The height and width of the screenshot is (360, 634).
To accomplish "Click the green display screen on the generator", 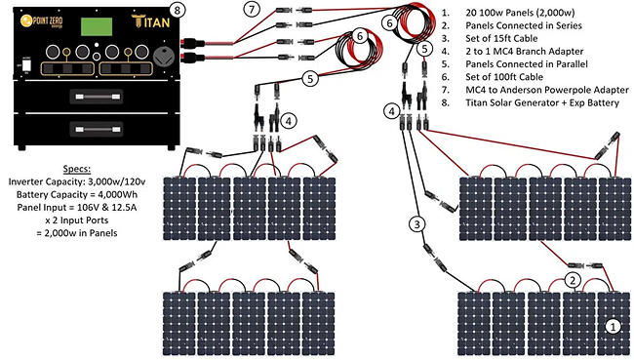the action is coord(97,26).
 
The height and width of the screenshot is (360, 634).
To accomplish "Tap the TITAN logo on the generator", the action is coord(151,21).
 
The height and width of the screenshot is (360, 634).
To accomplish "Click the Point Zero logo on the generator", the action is coord(42,20).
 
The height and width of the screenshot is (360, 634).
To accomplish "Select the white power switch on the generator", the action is coord(26,65).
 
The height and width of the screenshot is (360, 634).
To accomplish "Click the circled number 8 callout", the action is coord(178,10).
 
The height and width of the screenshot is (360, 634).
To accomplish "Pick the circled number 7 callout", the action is coord(252,9).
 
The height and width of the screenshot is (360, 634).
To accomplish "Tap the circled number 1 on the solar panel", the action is coord(613,326).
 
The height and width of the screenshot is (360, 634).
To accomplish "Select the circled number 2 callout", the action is coord(573,280).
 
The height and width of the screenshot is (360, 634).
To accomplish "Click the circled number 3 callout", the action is coord(417,224).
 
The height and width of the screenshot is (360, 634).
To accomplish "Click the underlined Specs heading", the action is coord(77,169).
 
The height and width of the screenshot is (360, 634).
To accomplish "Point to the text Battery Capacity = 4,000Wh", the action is coord(77,194).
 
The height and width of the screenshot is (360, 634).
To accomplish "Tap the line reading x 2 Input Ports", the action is coord(77,220).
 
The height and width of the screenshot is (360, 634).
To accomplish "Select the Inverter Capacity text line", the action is coord(77,181).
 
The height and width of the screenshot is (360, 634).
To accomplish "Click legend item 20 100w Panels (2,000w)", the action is coord(520,13).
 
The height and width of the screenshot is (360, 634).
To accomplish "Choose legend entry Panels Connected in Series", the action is coord(524,25).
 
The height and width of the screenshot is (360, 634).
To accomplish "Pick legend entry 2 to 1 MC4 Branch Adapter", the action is coord(525,52).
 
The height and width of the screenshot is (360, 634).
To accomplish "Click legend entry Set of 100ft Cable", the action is coord(504,77).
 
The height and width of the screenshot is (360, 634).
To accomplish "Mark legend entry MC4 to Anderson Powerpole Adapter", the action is coord(547,90).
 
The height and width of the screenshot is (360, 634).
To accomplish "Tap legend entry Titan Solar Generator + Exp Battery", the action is coord(542,102).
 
